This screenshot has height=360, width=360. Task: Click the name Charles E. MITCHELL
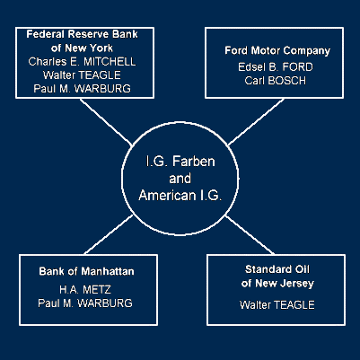(82, 62)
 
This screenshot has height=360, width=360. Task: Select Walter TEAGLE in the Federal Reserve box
(82, 75)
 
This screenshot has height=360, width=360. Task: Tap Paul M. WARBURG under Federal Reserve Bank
(82, 89)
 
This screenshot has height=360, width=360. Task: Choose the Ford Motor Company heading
(277, 50)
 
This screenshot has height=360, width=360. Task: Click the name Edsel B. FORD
(276, 66)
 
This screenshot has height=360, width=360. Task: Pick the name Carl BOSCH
(276, 81)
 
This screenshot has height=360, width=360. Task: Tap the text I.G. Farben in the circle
(180, 162)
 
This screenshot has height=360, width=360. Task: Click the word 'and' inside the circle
(180, 179)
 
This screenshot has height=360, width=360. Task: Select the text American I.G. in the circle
(180, 196)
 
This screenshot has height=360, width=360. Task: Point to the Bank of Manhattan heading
(86, 271)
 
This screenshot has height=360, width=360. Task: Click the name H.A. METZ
(85, 289)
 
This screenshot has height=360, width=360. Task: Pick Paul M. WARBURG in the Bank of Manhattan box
(85, 303)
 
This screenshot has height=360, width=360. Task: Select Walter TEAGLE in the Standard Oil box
(277, 305)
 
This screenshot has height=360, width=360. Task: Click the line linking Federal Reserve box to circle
(106, 122)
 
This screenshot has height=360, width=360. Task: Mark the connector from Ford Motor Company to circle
(256, 122)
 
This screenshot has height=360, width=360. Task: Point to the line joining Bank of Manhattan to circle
(109, 234)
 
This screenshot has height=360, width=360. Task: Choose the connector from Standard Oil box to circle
(250, 234)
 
